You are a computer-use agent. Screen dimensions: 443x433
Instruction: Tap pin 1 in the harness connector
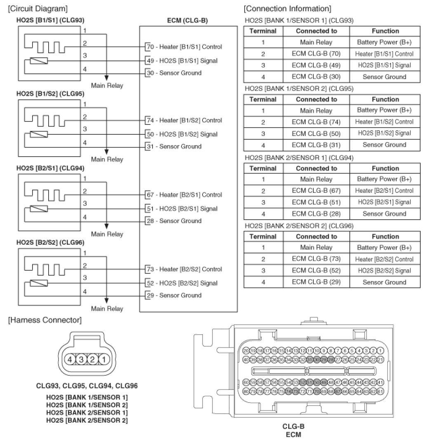pos(104,359)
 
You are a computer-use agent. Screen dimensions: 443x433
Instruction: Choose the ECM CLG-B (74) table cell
pos(316,122)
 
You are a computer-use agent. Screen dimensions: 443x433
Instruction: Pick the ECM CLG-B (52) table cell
pos(316,270)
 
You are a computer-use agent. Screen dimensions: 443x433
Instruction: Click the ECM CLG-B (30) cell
pos(316,77)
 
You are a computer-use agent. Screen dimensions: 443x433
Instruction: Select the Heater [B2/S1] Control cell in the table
pos(384,190)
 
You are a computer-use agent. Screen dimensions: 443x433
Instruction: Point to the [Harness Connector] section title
pos(44,320)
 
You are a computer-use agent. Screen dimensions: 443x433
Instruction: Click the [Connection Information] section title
pos(287,9)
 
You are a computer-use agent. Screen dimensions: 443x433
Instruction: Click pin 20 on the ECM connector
pos(246,351)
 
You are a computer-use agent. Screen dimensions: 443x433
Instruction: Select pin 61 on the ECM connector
pos(380,391)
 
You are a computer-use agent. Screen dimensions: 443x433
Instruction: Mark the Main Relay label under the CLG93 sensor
pos(107,86)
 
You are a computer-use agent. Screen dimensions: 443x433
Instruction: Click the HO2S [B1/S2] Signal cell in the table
pos(384,134)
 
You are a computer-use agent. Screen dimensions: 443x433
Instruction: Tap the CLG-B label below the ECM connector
pos(293,427)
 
